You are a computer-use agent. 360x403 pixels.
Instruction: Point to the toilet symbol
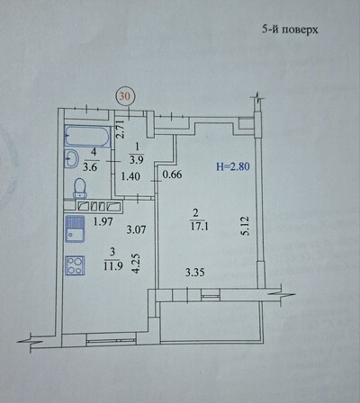pyautogui.click(x=80, y=187)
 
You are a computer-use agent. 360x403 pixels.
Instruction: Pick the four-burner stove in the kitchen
pyautogui.click(x=75, y=267)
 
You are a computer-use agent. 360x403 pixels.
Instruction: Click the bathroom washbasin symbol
pyautogui.click(x=71, y=159)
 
